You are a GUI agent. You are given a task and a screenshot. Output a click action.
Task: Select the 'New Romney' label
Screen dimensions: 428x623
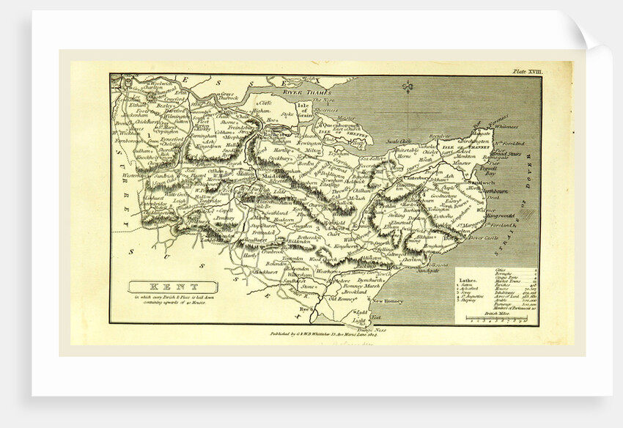tap(389, 300)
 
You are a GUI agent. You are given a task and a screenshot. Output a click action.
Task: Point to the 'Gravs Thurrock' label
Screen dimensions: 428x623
tap(228, 96)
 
